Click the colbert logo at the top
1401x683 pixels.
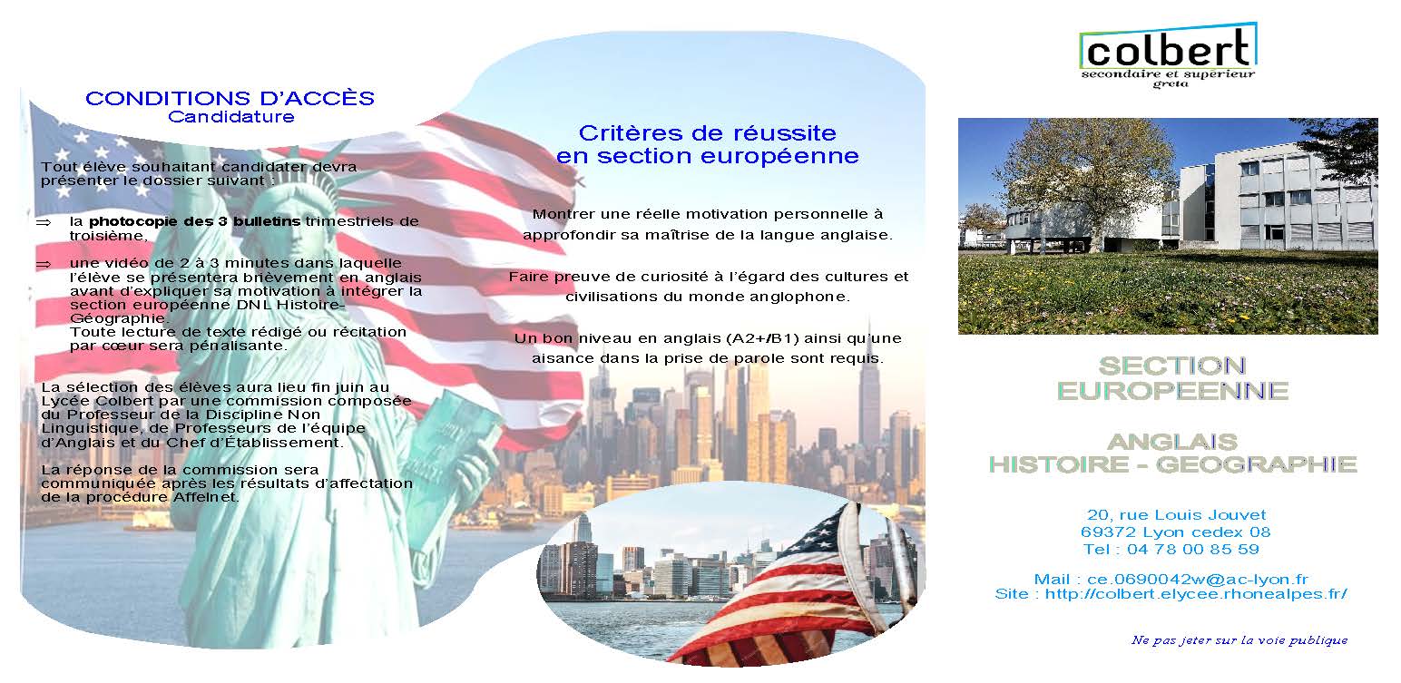pyautogui.click(x=1168, y=55)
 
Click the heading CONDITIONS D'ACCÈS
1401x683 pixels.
pyautogui.click(x=230, y=98)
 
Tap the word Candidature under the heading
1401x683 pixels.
pyautogui.click(x=230, y=117)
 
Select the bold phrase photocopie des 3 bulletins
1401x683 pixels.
pyautogui.click(x=194, y=221)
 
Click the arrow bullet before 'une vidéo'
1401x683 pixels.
pyautogui.click(x=44, y=265)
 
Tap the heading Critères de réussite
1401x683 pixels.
pyautogui.click(x=708, y=133)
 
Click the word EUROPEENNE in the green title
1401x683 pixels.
pyautogui.click(x=1172, y=392)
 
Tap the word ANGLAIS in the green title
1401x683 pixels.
pyautogui.click(x=1172, y=443)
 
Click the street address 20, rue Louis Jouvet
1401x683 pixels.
pyautogui.click(x=1177, y=515)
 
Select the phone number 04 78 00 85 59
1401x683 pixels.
pyautogui.click(x=1193, y=550)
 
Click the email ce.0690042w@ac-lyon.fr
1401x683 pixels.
pyautogui.click(x=1198, y=580)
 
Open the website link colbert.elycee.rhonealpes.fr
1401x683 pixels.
pyautogui.click(x=1197, y=594)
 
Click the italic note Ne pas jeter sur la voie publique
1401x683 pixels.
pyautogui.click(x=1239, y=640)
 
